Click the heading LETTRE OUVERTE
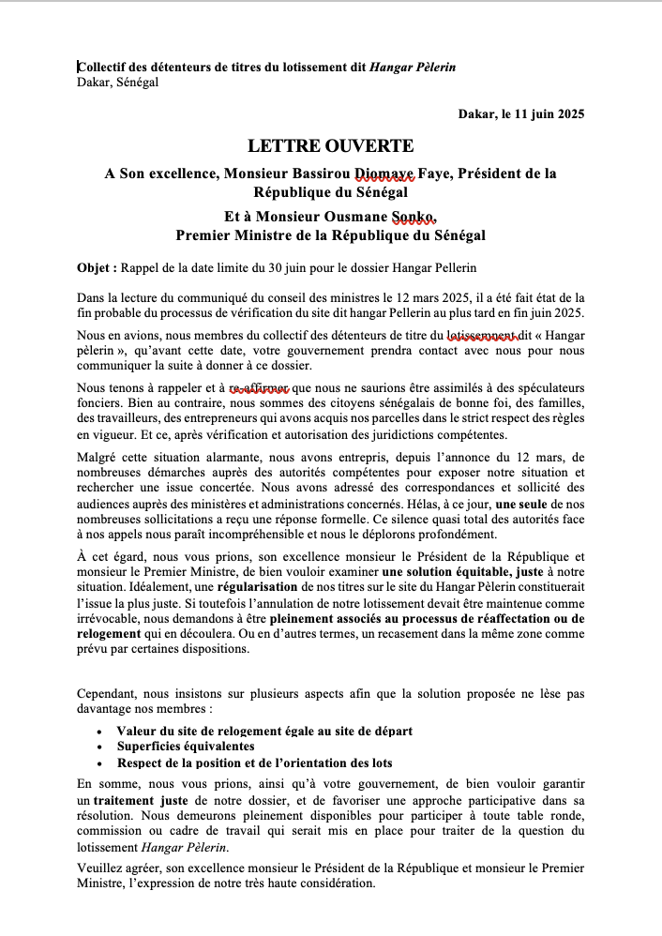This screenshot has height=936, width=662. [x=330, y=146]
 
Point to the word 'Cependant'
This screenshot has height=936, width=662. [x=108, y=695]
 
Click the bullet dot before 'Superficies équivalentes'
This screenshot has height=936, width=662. [x=100, y=747]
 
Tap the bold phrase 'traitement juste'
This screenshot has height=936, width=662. [x=143, y=801]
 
